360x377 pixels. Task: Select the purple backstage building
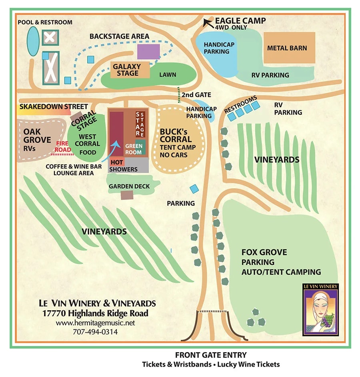pos(148,52)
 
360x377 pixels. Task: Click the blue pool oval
pos(33,42)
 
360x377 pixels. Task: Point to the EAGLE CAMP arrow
pos(208,22)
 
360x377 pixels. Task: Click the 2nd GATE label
pos(196,95)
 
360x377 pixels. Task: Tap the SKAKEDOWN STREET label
pos(54,107)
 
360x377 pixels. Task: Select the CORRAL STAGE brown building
pos(77,117)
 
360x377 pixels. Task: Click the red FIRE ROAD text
pos(64,146)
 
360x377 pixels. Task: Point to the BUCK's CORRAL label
pos(176,136)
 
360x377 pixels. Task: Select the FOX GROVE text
pos(264,252)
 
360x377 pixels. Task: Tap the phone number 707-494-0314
pos(95,331)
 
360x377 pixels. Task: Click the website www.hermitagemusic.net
pos(95,323)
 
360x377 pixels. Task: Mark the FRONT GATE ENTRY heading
pos(211,355)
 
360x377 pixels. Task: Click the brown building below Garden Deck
pos(127,195)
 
